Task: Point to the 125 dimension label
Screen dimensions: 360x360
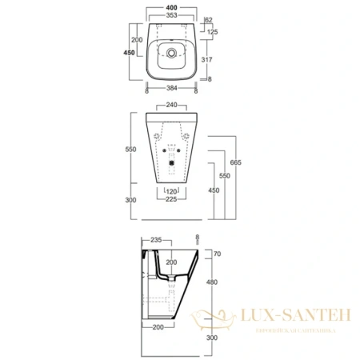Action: [x=213, y=31]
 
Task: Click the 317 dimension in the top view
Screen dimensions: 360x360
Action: [x=213, y=58]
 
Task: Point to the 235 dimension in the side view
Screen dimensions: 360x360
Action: [x=157, y=238]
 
